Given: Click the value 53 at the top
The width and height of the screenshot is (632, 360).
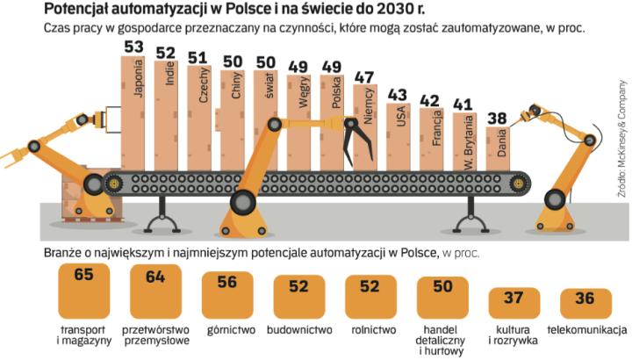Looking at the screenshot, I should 133,47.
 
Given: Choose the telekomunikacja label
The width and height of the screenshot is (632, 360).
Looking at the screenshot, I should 585,330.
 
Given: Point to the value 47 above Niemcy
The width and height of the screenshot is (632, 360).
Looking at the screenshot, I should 363,76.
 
